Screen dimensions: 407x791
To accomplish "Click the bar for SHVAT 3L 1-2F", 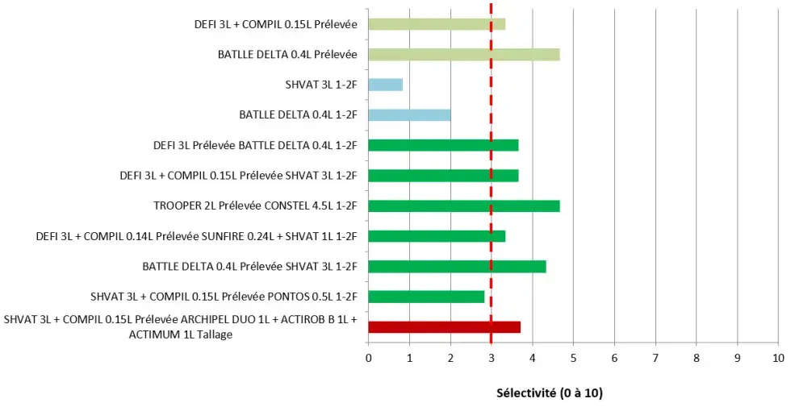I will (x=385, y=85).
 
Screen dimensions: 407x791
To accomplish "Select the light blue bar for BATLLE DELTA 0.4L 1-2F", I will (x=409, y=114).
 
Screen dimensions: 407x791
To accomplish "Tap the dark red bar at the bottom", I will (x=444, y=327).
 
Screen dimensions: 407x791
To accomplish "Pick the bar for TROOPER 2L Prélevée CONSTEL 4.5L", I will (x=463, y=206).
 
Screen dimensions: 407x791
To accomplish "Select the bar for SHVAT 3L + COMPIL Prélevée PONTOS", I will (x=426, y=297).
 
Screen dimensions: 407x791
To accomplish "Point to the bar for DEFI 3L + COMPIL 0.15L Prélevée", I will (x=437, y=24).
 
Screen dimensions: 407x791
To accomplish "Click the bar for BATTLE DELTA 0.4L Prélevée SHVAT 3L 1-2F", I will (x=457, y=266).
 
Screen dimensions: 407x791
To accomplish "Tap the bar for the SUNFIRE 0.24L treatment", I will (x=437, y=236).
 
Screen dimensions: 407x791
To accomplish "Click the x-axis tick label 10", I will (x=777, y=357).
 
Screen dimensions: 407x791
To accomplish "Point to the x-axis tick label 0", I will (x=369, y=357).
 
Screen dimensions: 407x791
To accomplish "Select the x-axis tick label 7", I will (x=655, y=357).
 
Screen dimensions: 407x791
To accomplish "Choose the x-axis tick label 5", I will (x=573, y=357).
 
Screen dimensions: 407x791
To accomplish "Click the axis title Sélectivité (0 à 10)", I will (x=549, y=393).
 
